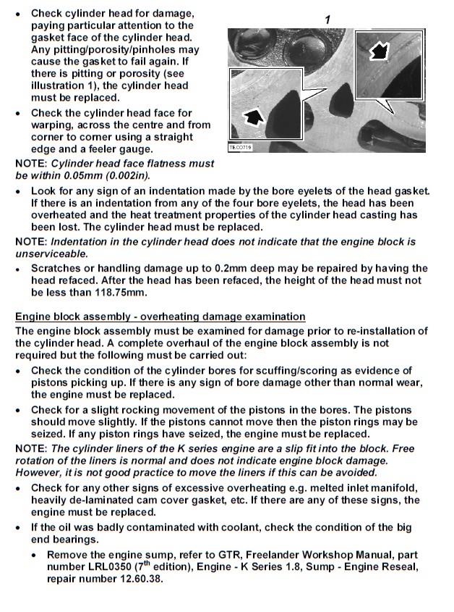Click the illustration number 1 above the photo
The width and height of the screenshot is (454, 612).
click(327, 20)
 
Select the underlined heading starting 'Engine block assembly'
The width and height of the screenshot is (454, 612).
click(160, 317)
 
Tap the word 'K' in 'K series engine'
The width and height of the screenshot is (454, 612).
click(153, 449)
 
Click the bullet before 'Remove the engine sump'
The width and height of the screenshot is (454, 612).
click(35, 555)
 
